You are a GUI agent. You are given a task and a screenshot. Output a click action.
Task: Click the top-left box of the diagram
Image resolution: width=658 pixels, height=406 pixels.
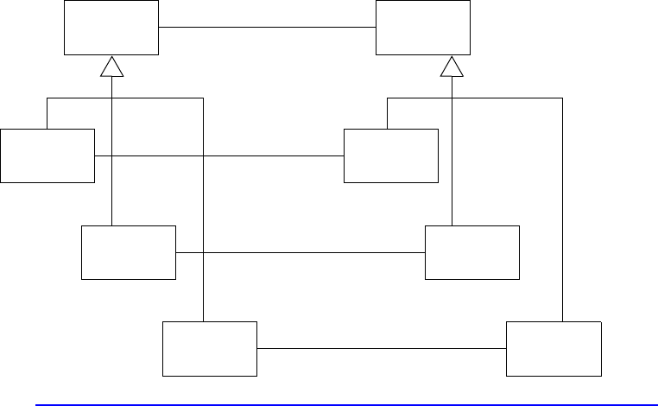111,27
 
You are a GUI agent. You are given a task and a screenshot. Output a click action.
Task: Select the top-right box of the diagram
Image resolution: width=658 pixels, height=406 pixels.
423,27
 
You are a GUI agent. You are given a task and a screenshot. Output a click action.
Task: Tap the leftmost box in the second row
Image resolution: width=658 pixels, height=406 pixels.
47,155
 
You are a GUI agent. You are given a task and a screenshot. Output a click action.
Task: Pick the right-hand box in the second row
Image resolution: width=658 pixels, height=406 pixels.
390,155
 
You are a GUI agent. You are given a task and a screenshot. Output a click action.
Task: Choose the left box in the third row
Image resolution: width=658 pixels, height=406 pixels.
128,252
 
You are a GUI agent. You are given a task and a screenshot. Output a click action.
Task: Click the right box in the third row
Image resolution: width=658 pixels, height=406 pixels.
472,252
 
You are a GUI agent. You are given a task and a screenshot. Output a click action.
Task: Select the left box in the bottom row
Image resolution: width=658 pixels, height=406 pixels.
210,348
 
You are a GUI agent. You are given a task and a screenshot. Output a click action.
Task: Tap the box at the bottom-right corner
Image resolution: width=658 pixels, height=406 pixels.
553,348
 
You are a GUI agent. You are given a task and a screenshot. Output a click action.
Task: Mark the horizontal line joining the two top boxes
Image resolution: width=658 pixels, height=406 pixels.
267,27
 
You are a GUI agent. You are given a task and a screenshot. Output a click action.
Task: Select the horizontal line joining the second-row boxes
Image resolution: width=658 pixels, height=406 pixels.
259,156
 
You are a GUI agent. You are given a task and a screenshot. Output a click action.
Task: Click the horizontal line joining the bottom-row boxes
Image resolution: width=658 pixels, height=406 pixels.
381,349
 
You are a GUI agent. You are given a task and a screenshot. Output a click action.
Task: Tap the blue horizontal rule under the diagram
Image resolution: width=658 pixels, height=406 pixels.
345,403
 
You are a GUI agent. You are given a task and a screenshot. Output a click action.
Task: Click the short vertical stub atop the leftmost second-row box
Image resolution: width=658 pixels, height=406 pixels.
47,113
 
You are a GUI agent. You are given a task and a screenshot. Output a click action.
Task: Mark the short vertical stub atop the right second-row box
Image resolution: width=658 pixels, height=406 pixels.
387,113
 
